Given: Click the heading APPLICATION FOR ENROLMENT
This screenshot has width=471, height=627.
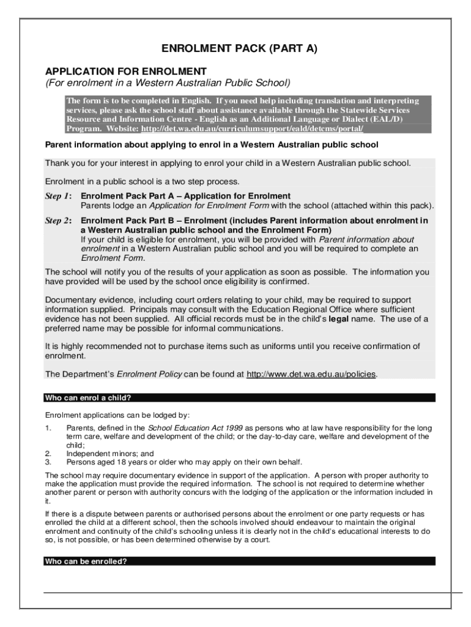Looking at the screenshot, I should [x=126, y=71].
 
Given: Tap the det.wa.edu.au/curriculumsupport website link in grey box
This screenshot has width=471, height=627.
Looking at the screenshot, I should [x=252, y=129].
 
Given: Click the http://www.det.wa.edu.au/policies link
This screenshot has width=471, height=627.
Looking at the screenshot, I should [x=311, y=374].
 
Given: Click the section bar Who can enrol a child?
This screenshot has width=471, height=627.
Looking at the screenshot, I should [x=88, y=397].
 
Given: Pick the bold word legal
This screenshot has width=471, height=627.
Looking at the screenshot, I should [x=340, y=319].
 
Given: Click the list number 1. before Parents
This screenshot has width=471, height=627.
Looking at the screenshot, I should [x=48, y=427].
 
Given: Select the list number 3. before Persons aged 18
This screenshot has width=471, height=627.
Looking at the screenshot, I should [x=48, y=462].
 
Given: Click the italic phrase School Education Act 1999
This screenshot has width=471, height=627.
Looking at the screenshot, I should [x=187, y=427].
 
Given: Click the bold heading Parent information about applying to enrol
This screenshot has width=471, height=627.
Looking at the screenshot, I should [x=212, y=145].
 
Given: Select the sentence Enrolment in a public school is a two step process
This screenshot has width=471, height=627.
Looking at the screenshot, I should [x=143, y=182].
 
